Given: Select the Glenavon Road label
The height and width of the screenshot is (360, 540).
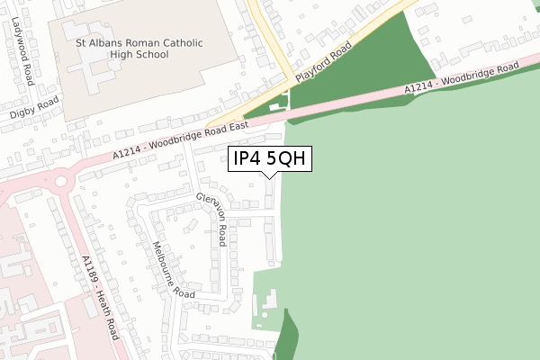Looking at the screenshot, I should tap(213, 219).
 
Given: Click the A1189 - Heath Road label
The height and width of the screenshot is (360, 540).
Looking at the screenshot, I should tap(101, 296).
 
